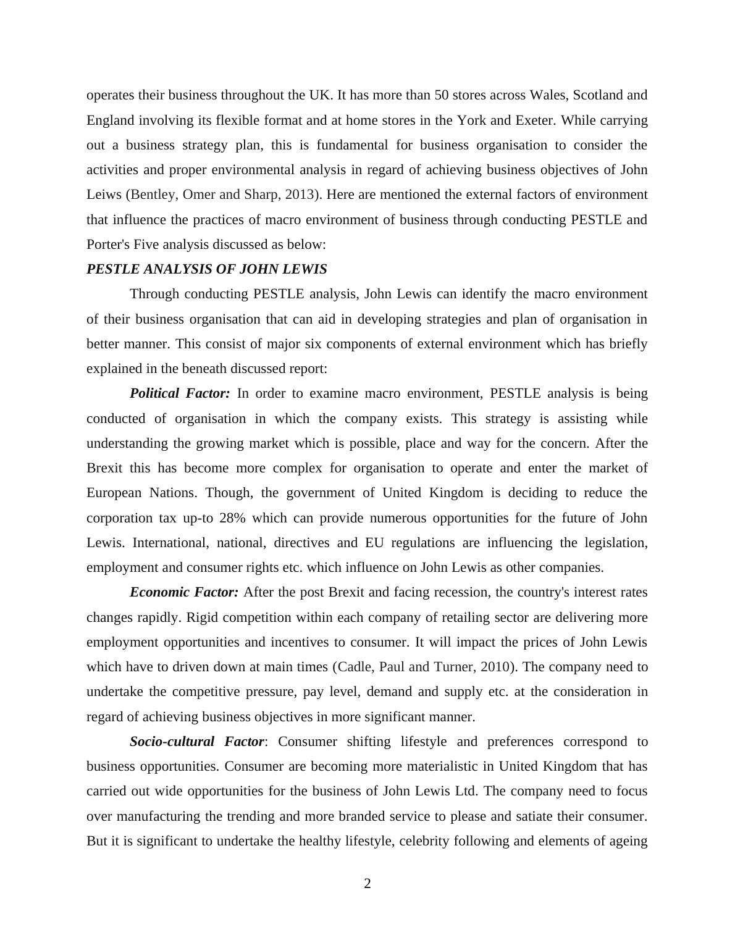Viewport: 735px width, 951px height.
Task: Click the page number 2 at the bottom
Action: click(x=367, y=884)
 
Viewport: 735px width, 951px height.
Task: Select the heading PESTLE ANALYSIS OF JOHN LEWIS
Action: click(x=207, y=269)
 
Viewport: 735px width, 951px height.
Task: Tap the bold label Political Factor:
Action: click(x=180, y=393)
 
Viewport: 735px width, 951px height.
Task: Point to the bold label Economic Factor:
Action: click(x=184, y=592)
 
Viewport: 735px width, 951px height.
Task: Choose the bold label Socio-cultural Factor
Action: click(x=197, y=742)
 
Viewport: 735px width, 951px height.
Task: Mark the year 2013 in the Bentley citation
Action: click(x=300, y=195)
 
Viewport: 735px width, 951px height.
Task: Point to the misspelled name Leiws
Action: click(x=104, y=195)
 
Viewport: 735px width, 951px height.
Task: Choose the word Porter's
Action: click(x=108, y=245)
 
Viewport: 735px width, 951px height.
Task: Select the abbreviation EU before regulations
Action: click(x=374, y=543)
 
